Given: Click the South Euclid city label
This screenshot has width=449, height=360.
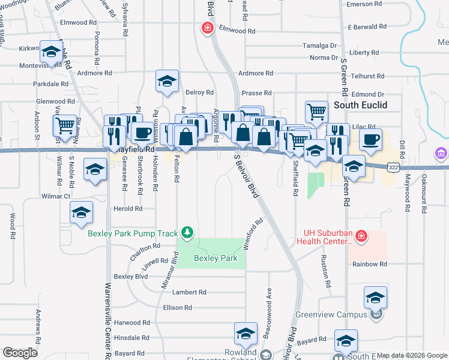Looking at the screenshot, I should pos(360,105).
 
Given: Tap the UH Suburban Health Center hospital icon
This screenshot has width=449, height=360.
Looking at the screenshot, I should pos(361,236).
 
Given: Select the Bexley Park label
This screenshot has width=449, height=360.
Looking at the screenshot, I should pos(215,259).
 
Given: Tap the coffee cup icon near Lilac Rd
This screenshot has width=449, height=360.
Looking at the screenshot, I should pos(370,140).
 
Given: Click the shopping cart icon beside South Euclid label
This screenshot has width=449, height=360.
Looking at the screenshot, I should pos(316,111).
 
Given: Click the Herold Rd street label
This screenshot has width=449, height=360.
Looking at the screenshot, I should pos(128,209).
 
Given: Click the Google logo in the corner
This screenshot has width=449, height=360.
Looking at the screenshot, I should pos(20,353).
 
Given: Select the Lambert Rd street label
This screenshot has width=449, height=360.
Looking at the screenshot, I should pos(189,292).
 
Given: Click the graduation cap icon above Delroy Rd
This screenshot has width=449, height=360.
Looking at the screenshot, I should pos(167,81).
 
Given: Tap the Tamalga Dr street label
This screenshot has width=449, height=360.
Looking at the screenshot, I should pos(320,46).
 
